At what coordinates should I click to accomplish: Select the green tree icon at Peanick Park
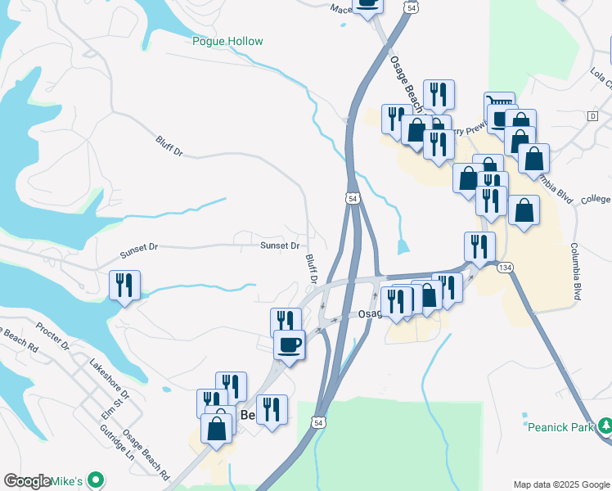605,426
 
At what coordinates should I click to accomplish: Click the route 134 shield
506,267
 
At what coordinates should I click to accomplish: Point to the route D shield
592,117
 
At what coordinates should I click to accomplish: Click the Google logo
27,481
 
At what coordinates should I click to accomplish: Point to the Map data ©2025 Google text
560,484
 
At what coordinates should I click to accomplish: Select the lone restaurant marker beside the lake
124,286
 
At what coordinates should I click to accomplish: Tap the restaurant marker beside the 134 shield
479,245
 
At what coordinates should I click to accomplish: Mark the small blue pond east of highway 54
403,246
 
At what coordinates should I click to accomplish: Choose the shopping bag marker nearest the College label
524,209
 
